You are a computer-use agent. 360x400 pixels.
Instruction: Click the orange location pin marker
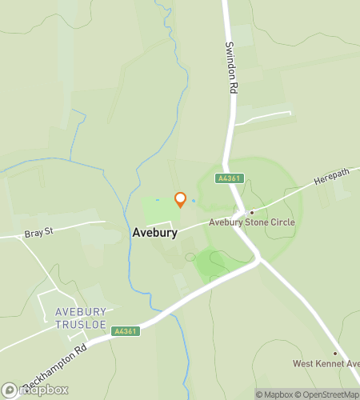tap(181, 199)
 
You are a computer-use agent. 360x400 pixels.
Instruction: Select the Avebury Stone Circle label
tap(252, 222)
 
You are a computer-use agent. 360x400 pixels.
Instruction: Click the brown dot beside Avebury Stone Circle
tap(252, 212)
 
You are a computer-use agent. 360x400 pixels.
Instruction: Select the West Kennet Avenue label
tap(326, 364)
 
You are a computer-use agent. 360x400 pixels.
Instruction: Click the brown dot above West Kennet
tap(335, 354)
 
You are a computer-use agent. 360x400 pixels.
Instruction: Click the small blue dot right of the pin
tap(194, 200)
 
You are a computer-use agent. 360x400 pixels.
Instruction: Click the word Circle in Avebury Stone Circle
tap(282, 222)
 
